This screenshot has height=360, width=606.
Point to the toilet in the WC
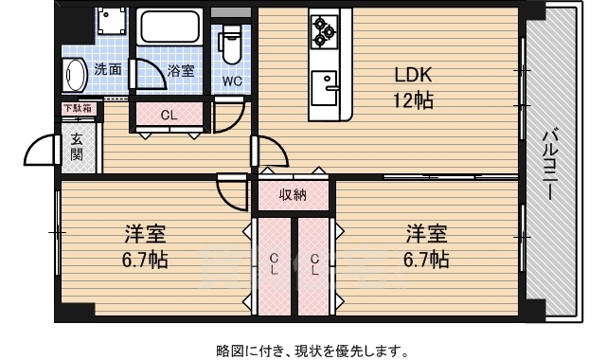click(x=231, y=44)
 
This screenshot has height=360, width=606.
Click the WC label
click(x=232, y=81)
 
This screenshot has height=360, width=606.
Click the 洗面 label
click(x=107, y=69)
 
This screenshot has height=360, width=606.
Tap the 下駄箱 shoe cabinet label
click(x=78, y=109)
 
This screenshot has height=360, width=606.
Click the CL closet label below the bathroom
click(x=168, y=116)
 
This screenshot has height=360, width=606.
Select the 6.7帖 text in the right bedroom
click(x=427, y=259)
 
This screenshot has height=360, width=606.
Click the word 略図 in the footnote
click(x=229, y=350)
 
